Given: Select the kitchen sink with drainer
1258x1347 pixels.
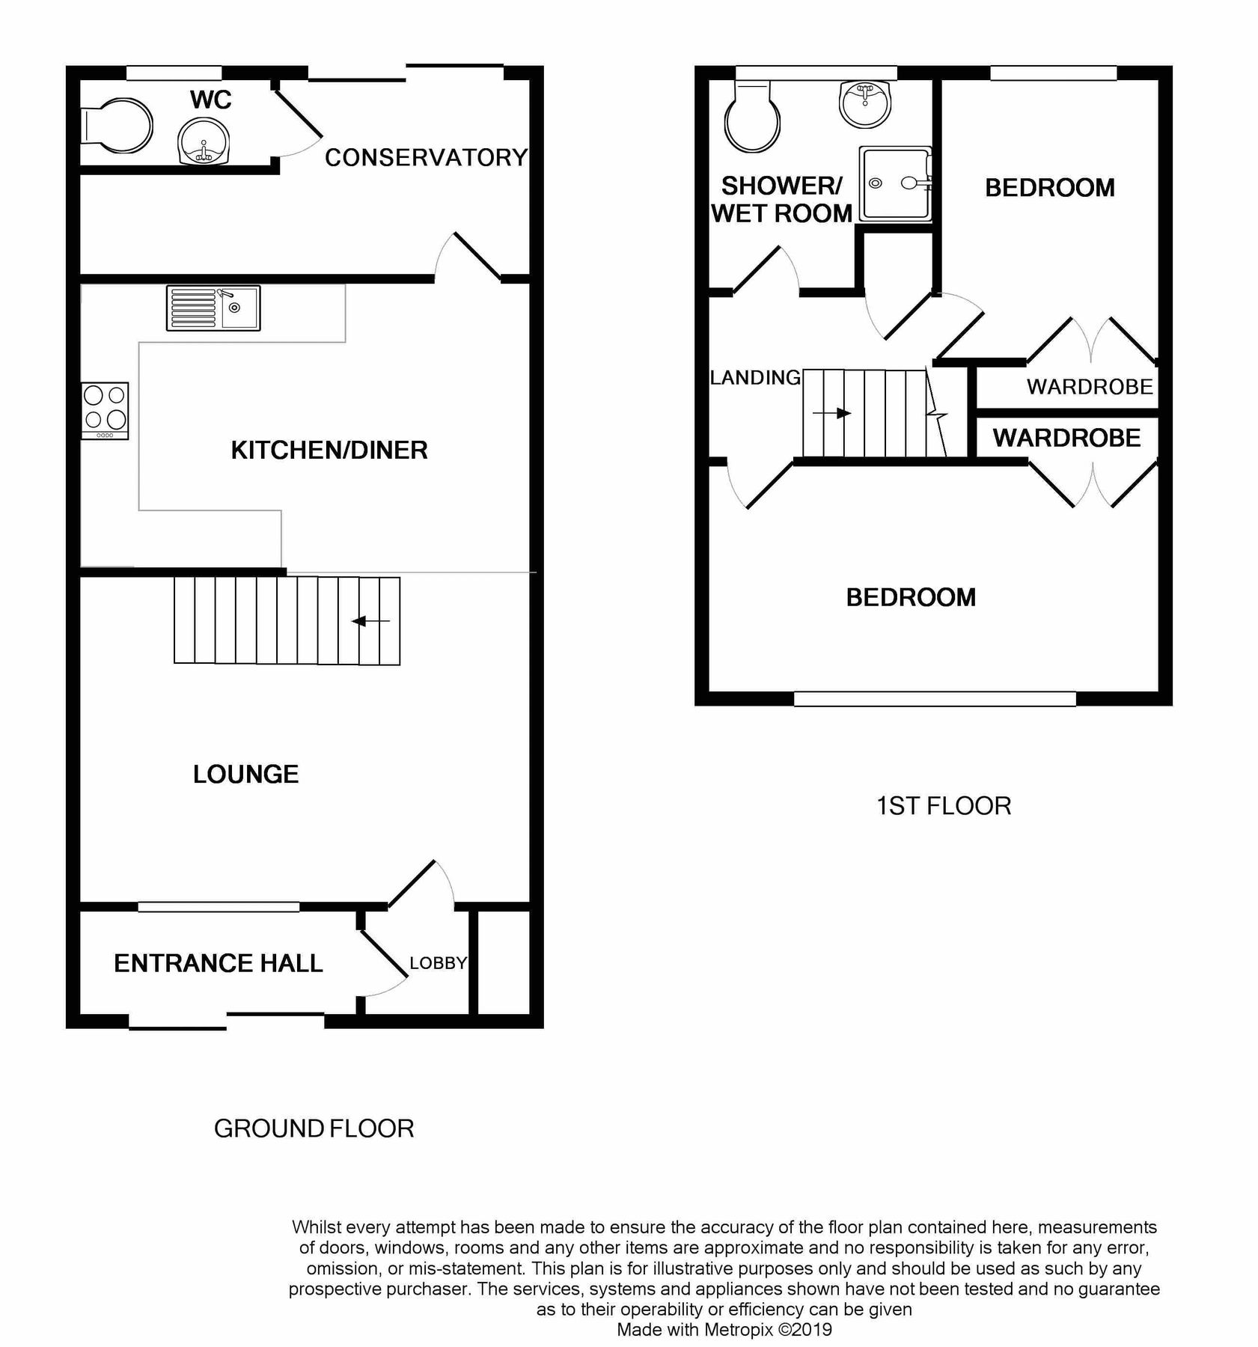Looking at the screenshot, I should click(213, 308).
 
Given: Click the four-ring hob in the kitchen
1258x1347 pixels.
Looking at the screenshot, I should click(105, 410).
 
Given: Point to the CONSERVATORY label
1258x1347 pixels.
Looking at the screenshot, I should click(426, 158).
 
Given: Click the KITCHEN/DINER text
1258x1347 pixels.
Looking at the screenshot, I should click(329, 450).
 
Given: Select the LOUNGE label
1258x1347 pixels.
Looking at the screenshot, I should click(245, 774).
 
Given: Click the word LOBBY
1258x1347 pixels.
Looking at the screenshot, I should click(438, 963).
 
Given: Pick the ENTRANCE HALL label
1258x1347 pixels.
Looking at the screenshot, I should click(218, 963).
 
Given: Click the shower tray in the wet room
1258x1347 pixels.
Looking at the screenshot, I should click(895, 183).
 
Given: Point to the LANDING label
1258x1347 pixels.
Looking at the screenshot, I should click(755, 378).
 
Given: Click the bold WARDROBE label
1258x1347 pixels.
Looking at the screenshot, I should click(1066, 438).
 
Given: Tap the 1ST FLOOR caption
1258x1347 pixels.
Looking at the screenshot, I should click(944, 806).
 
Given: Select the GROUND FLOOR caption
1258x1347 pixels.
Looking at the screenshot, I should click(314, 1128).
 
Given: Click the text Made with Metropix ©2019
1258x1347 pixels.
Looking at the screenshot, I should click(724, 1330).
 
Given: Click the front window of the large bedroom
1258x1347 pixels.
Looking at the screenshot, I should click(934, 699).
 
